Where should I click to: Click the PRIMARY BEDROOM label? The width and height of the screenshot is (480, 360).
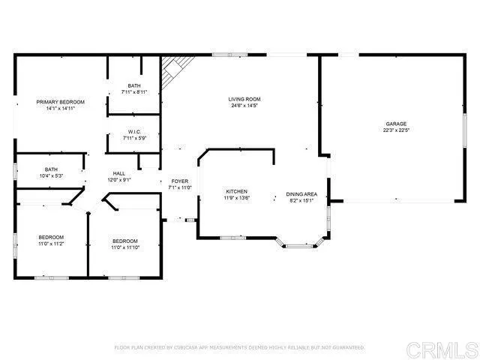tap(61, 101)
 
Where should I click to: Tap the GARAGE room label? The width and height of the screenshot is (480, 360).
tap(397, 124)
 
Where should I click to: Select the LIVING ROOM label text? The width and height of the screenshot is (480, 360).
tap(244, 99)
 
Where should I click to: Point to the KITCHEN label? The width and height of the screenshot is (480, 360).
tap(236, 192)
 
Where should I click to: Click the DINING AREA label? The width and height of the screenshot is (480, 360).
tap(301, 194)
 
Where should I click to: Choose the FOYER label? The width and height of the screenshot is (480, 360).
tap(180, 181)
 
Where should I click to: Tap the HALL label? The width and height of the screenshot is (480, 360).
tap(118, 173)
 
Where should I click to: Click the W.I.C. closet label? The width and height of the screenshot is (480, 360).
tap(134, 131)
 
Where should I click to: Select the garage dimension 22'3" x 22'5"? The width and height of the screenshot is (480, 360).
tap(396, 130)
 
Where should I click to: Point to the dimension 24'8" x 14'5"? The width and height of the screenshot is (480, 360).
tap(244, 106)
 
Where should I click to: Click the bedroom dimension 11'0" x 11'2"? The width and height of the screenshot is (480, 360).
tap(52, 244)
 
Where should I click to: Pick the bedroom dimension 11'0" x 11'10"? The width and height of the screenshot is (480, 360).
tap(125, 247)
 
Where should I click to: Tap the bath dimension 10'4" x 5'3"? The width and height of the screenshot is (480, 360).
tap(51, 175)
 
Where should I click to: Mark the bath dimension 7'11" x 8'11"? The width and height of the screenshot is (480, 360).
tap(134, 91)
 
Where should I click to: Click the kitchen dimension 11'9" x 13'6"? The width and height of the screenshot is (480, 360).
tap(237, 199)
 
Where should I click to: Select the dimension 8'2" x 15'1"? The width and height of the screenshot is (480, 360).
tap(301, 201)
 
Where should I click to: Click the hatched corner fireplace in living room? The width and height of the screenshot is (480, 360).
tap(171, 73)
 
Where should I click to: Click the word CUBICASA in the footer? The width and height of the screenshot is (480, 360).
tap(181, 348)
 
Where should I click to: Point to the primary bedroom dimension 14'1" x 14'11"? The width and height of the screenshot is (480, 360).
tap(61, 108)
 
